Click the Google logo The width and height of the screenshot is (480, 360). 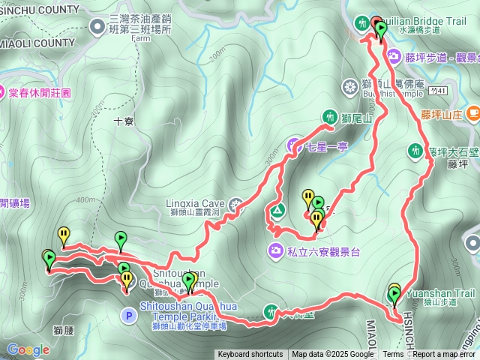click(28, 349)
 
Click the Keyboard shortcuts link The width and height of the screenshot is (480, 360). click(250, 355)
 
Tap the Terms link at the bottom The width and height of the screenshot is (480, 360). click(393, 355)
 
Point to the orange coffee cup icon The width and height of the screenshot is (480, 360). click(472, 113)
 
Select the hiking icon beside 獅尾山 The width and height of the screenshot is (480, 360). click(329, 116)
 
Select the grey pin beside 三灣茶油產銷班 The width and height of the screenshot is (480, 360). click(98, 27)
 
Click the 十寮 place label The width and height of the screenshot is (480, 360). click(124, 120)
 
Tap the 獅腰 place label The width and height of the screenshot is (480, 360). click(63, 330)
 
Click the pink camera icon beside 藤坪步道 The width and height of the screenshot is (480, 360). click(393, 56)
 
